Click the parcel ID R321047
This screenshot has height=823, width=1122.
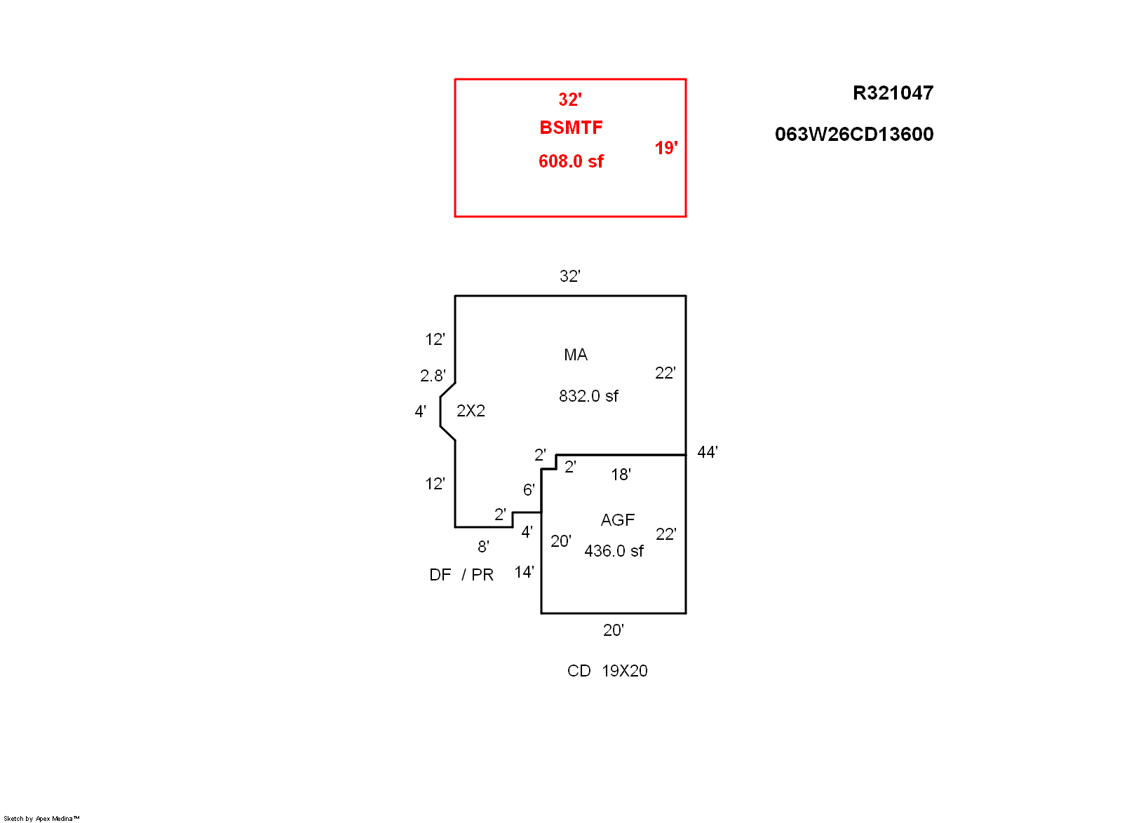893,93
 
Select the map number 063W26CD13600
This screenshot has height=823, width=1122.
853,135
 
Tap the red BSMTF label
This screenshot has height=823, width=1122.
571,128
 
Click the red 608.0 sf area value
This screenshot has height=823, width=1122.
571,161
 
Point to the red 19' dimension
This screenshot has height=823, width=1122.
665,148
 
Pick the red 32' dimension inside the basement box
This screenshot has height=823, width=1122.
569,100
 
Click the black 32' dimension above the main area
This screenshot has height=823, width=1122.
569,276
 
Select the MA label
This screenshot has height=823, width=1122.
576,355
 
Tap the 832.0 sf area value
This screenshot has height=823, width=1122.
588,396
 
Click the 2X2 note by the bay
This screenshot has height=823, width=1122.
471,411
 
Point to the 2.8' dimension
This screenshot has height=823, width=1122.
432,376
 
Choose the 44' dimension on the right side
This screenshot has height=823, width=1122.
707,452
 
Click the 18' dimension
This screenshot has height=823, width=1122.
621,475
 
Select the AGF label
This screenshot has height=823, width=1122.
617,520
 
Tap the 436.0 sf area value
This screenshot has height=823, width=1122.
614,551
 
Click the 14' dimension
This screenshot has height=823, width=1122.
524,572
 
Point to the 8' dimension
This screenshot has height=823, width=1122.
483,547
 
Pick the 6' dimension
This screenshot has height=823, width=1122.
529,490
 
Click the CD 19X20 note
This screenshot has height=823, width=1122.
607,671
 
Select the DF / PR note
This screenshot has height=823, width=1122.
461,575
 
